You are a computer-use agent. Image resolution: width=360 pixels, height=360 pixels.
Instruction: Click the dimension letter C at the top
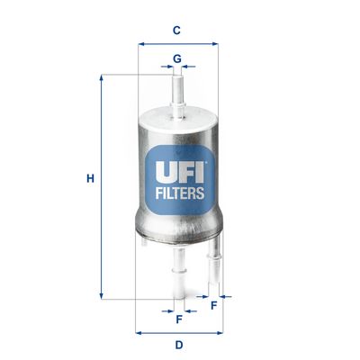click(177, 30)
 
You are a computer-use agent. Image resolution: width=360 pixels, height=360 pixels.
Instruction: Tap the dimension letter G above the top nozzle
click(177, 58)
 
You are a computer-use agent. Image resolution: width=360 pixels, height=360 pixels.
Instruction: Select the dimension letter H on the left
click(90, 178)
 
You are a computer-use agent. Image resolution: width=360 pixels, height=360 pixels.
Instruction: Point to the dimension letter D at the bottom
click(178, 346)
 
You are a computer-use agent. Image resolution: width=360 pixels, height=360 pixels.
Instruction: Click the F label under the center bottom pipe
click(178, 319)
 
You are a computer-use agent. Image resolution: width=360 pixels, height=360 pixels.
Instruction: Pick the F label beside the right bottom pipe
click(213, 304)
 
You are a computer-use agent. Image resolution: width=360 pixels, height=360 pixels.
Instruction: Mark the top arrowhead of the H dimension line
click(102, 78)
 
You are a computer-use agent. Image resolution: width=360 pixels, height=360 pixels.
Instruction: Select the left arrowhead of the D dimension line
click(138, 331)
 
